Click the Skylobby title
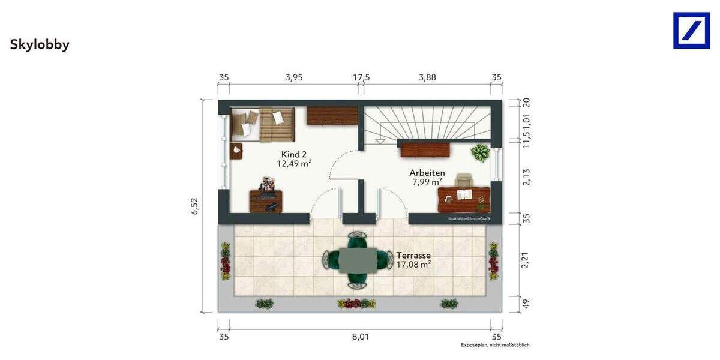coord(40,45)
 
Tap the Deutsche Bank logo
coord(691,30)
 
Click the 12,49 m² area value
coord(294,163)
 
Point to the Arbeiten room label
coord(427,173)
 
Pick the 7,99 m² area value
coord(427,182)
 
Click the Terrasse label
coord(413,255)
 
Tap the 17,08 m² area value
coord(413,264)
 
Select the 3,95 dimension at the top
coord(294,77)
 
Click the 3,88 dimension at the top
coord(428,77)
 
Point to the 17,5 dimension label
coord(361,77)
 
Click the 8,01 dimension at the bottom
coord(361,337)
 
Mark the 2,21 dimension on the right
coord(526,260)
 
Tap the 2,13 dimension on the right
coord(526,177)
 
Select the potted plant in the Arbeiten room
coord(480,152)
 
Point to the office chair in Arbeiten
coord(464,181)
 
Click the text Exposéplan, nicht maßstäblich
coord(495,345)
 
